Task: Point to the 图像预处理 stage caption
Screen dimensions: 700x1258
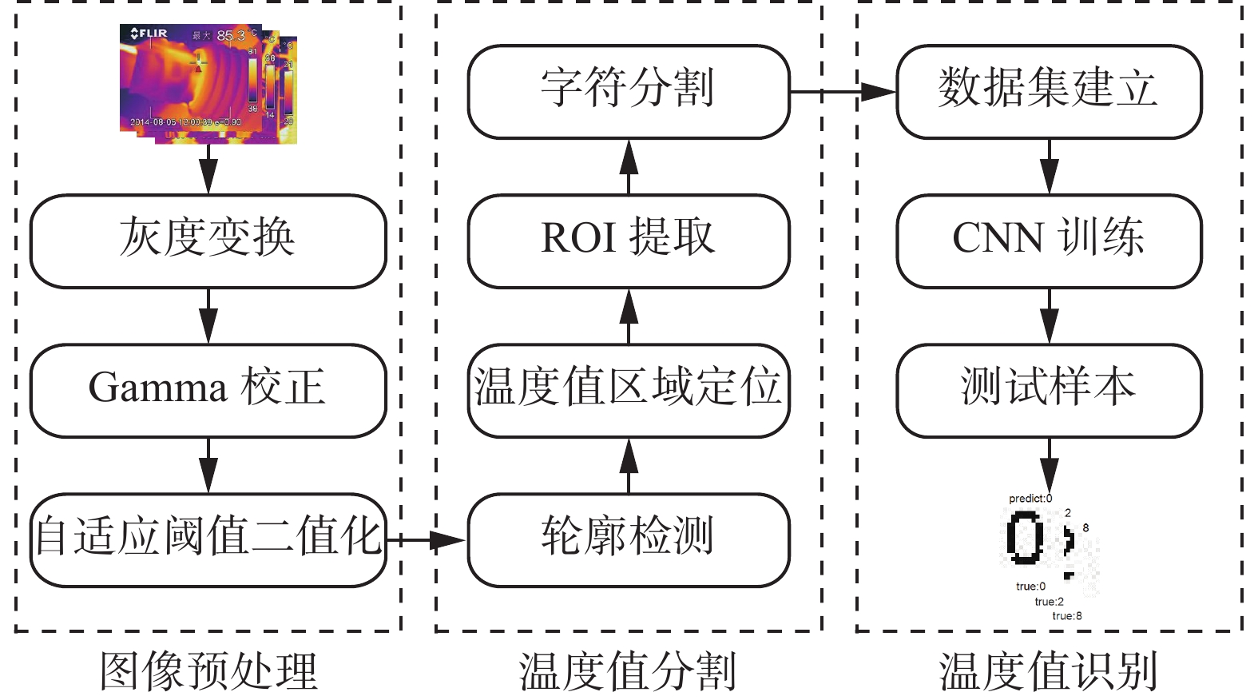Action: [x=208, y=671]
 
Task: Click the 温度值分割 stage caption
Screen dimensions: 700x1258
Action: [x=628, y=671]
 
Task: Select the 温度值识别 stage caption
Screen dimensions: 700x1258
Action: [x=1048, y=671]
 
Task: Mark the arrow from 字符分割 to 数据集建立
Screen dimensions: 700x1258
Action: [x=843, y=92]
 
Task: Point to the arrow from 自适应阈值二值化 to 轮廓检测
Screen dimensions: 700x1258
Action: [x=426, y=540]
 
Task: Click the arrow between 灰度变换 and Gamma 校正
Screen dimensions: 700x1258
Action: [x=208, y=316]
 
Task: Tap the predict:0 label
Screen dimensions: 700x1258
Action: [x=1030, y=499]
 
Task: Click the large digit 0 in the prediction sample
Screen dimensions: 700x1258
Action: [x=1024, y=538]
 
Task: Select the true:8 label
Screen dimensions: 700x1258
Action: [x=1067, y=616]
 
